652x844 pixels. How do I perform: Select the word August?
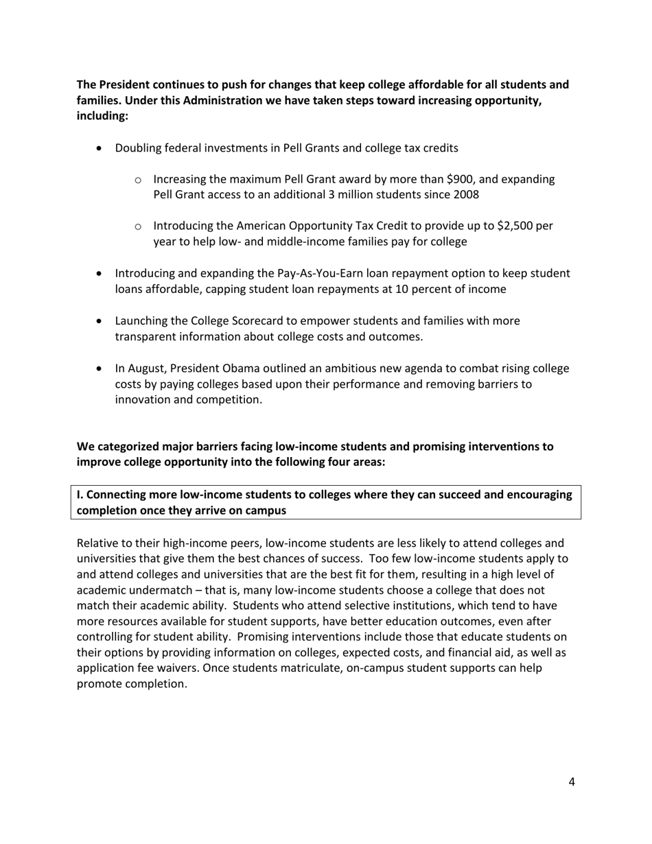point(147,368)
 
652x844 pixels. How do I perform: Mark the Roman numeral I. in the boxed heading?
point(80,495)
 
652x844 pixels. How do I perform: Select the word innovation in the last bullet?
point(142,399)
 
